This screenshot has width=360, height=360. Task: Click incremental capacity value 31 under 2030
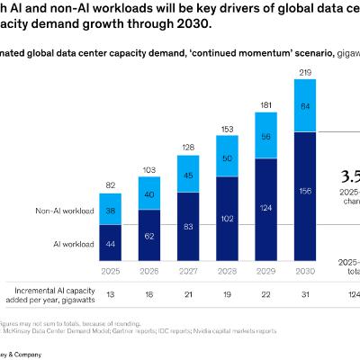click(306, 292)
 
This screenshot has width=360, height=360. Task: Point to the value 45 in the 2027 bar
click(187, 175)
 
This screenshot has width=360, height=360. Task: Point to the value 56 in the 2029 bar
click(266, 137)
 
